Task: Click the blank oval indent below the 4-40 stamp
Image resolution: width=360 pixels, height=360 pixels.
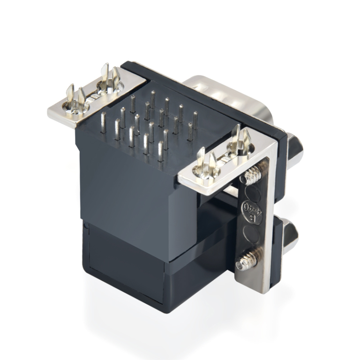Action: pos(251,232)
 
